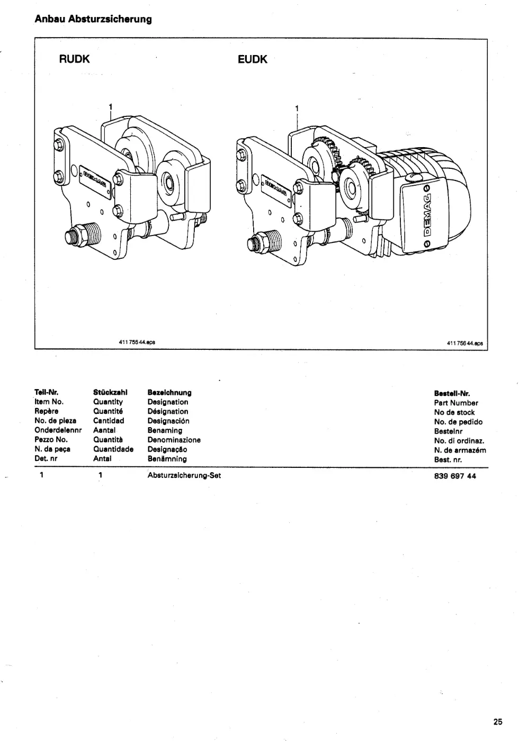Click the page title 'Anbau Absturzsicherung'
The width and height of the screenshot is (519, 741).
point(93,19)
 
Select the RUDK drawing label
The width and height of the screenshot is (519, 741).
point(75,59)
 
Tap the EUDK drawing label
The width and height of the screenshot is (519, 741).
point(253,59)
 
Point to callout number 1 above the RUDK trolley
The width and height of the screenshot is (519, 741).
point(111,106)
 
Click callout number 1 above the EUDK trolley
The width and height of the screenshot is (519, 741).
point(297,108)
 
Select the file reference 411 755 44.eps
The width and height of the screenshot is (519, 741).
point(137,342)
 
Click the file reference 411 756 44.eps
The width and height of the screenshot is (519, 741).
point(465,344)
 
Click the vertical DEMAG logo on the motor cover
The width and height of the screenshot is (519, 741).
point(427,215)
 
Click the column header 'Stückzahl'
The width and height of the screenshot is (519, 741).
point(110,392)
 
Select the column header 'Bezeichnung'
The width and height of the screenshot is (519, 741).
point(169,393)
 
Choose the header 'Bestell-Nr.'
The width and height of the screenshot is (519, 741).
point(452,393)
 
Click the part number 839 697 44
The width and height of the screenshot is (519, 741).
point(455,476)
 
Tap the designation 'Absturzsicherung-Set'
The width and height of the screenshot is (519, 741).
point(184,475)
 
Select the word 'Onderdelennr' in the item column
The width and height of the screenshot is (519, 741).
point(58,430)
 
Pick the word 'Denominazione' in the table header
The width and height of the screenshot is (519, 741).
point(174,440)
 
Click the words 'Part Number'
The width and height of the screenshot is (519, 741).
point(456,403)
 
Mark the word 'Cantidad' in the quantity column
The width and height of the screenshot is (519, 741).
point(109,421)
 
